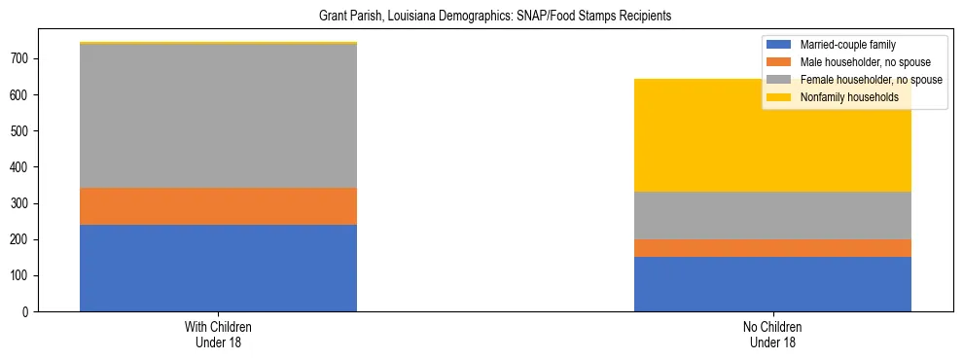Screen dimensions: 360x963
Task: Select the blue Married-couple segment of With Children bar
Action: (x=218, y=268)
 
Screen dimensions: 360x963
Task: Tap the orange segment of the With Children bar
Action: (x=218, y=206)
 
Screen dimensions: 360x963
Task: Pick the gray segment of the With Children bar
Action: (x=218, y=116)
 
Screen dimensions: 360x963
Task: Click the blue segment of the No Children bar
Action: (x=772, y=284)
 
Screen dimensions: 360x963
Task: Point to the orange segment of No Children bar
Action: (x=772, y=248)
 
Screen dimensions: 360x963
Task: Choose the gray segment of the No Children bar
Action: (x=772, y=215)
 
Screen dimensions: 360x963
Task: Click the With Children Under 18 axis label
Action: (x=218, y=335)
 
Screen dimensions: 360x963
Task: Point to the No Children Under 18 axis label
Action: (x=772, y=335)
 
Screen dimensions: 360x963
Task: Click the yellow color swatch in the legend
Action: (x=780, y=97)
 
